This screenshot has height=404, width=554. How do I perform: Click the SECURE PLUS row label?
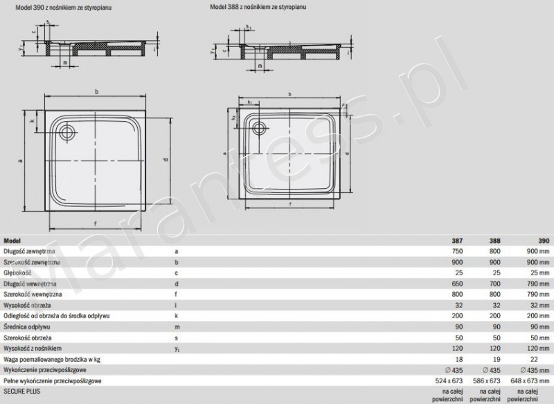coord(21,391)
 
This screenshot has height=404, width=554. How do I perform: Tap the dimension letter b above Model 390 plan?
coord(97,92)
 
